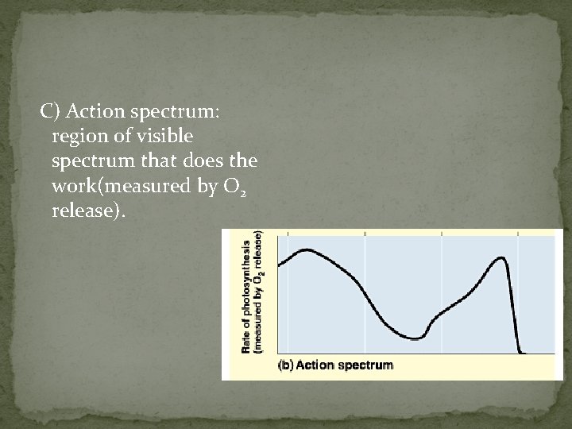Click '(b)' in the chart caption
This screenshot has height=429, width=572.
tap(285, 365)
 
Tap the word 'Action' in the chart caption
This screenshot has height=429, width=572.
tap(316, 365)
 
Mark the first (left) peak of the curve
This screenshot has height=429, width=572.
tap(306, 250)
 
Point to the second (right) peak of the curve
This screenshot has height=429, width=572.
tap(500, 257)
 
